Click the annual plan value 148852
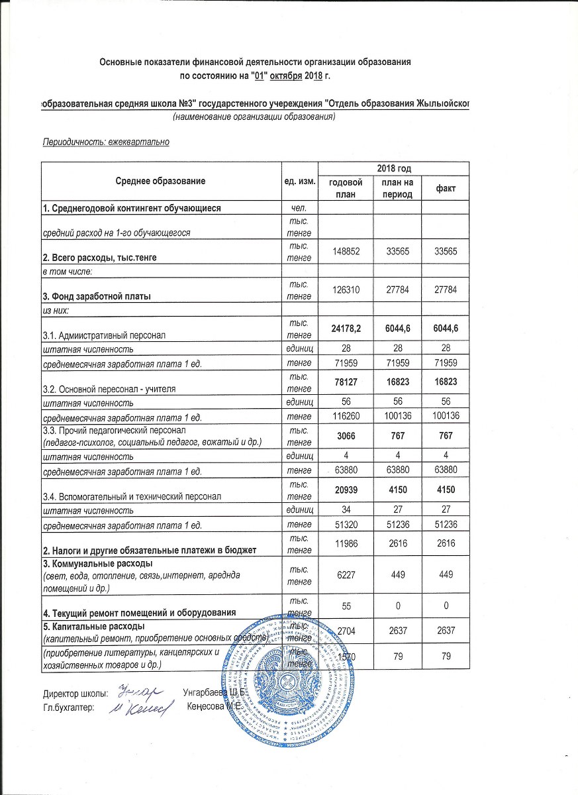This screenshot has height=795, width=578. (x=346, y=252)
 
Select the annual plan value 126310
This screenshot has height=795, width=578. (x=346, y=290)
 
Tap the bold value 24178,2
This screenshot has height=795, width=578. (x=346, y=327)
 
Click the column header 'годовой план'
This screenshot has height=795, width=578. (x=346, y=187)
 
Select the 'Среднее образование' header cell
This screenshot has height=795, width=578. (x=161, y=180)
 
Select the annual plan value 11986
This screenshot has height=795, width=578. (x=346, y=542)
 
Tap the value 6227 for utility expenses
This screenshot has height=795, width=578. (x=346, y=574)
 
